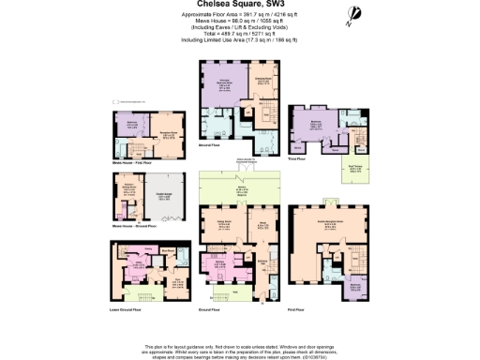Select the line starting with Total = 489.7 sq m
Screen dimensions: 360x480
[239, 37]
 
